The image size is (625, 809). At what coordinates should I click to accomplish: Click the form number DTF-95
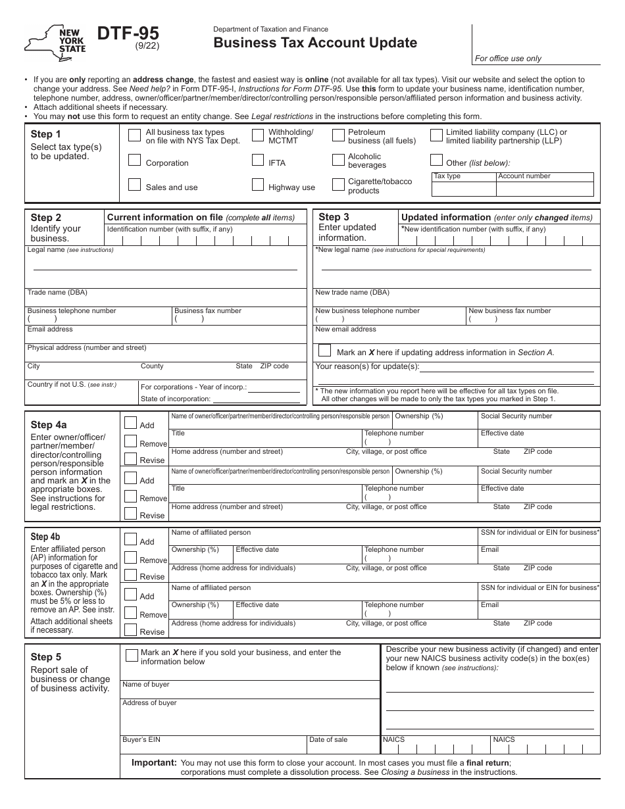point(128,34)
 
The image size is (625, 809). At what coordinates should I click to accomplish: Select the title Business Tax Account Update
point(315,43)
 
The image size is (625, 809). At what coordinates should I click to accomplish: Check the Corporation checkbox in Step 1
point(134,160)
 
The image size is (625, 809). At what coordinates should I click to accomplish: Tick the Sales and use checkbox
point(134,185)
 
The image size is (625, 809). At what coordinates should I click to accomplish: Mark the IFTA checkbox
point(258,160)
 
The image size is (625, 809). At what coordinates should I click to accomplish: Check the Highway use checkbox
point(258,185)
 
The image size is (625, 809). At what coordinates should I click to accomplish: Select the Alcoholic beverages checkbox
point(337,160)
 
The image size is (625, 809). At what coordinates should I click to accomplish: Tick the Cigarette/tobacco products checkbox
point(337,185)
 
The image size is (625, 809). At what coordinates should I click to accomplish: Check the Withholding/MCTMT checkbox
point(258,135)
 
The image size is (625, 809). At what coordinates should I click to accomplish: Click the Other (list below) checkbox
point(436,160)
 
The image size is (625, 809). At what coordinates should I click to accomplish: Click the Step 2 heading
point(46,218)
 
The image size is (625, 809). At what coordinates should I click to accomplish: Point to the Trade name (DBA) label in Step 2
point(57,293)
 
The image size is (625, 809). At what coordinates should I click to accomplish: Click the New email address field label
point(346,330)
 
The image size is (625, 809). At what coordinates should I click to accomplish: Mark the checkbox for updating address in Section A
point(324,351)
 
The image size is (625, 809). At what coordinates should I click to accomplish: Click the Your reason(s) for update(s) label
point(367,367)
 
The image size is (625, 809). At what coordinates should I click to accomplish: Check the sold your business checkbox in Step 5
point(131,654)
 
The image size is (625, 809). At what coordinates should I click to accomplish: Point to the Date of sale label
point(328,740)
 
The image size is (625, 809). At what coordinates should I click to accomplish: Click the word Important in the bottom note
point(154,763)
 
